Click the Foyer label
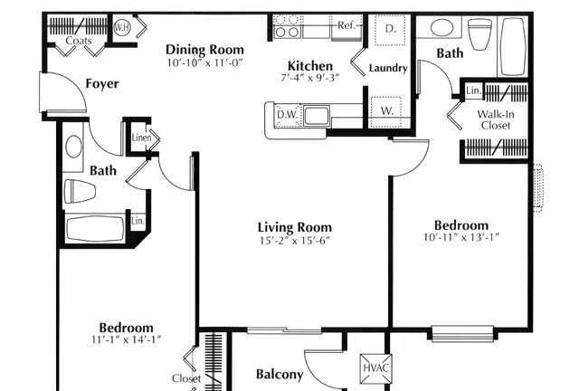coord(102,84)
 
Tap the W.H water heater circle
coord(120,28)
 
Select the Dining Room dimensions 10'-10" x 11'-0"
coord(204,62)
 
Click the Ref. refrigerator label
coord(346,25)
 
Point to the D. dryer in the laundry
coord(390,29)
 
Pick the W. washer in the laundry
coord(386,111)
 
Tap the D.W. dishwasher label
coord(287,115)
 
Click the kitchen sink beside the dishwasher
coord(317,116)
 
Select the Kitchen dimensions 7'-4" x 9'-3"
coord(309,78)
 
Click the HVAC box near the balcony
coord(375,368)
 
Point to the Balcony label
coord(280,375)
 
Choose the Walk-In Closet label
coord(496,119)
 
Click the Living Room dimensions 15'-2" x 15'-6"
coord(294,241)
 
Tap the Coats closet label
coord(79,41)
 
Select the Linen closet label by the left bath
coord(141,138)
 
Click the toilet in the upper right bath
coord(479,34)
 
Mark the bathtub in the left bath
coord(96,229)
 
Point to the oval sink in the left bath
coord(73,147)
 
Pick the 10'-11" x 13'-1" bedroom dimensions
coord(460,237)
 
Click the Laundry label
coord(388,68)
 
